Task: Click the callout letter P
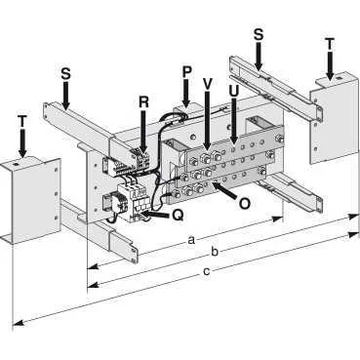coord(186,72)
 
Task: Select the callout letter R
coord(143,102)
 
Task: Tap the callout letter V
coord(208,84)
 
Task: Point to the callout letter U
coord(233,91)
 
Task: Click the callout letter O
coord(244,204)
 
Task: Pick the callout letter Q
coord(178,216)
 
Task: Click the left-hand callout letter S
coord(65,74)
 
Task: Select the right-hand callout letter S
coord(259,34)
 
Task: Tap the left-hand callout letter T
coord(21,121)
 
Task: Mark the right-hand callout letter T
coord(330,44)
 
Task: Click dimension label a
coord(191,241)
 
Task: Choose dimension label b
coord(215,251)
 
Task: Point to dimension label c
coord(206,271)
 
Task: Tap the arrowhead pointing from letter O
coord(215,185)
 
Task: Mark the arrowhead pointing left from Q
coord(145,214)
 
